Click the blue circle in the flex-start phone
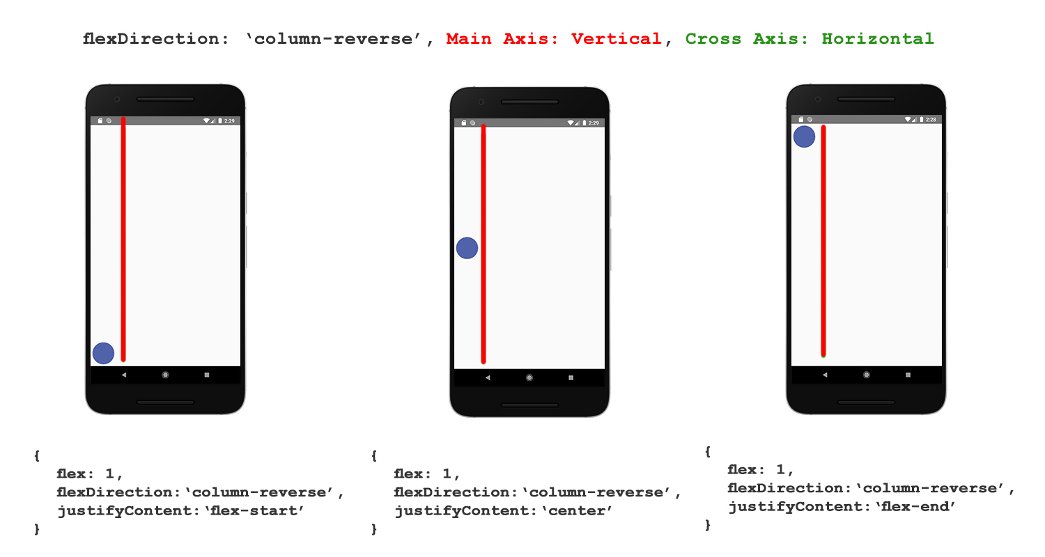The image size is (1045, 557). [x=103, y=353]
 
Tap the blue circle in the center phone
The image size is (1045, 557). [x=467, y=248]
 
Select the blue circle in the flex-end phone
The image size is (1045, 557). [x=804, y=136]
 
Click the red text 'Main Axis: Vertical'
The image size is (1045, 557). [x=554, y=39]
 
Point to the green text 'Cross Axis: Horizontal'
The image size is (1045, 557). [x=810, y=39]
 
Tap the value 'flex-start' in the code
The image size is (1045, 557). [x=264, y=511]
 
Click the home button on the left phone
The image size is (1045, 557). [x=165, y=375]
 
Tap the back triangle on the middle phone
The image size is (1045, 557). [x=488, y=377]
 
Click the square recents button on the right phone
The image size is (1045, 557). [x=908, y=375]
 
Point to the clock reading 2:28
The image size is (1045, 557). [x=931, y=120]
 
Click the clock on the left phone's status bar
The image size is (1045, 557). [x=229, y=120]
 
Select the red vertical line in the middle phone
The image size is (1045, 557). [x=483, y=244]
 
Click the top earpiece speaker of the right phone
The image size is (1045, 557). [x=866, y=100]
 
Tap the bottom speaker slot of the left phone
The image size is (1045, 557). [x=165, y=402]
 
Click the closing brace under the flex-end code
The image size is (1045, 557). [x=709, y=525]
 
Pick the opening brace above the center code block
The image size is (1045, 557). [x=375, y=456]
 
